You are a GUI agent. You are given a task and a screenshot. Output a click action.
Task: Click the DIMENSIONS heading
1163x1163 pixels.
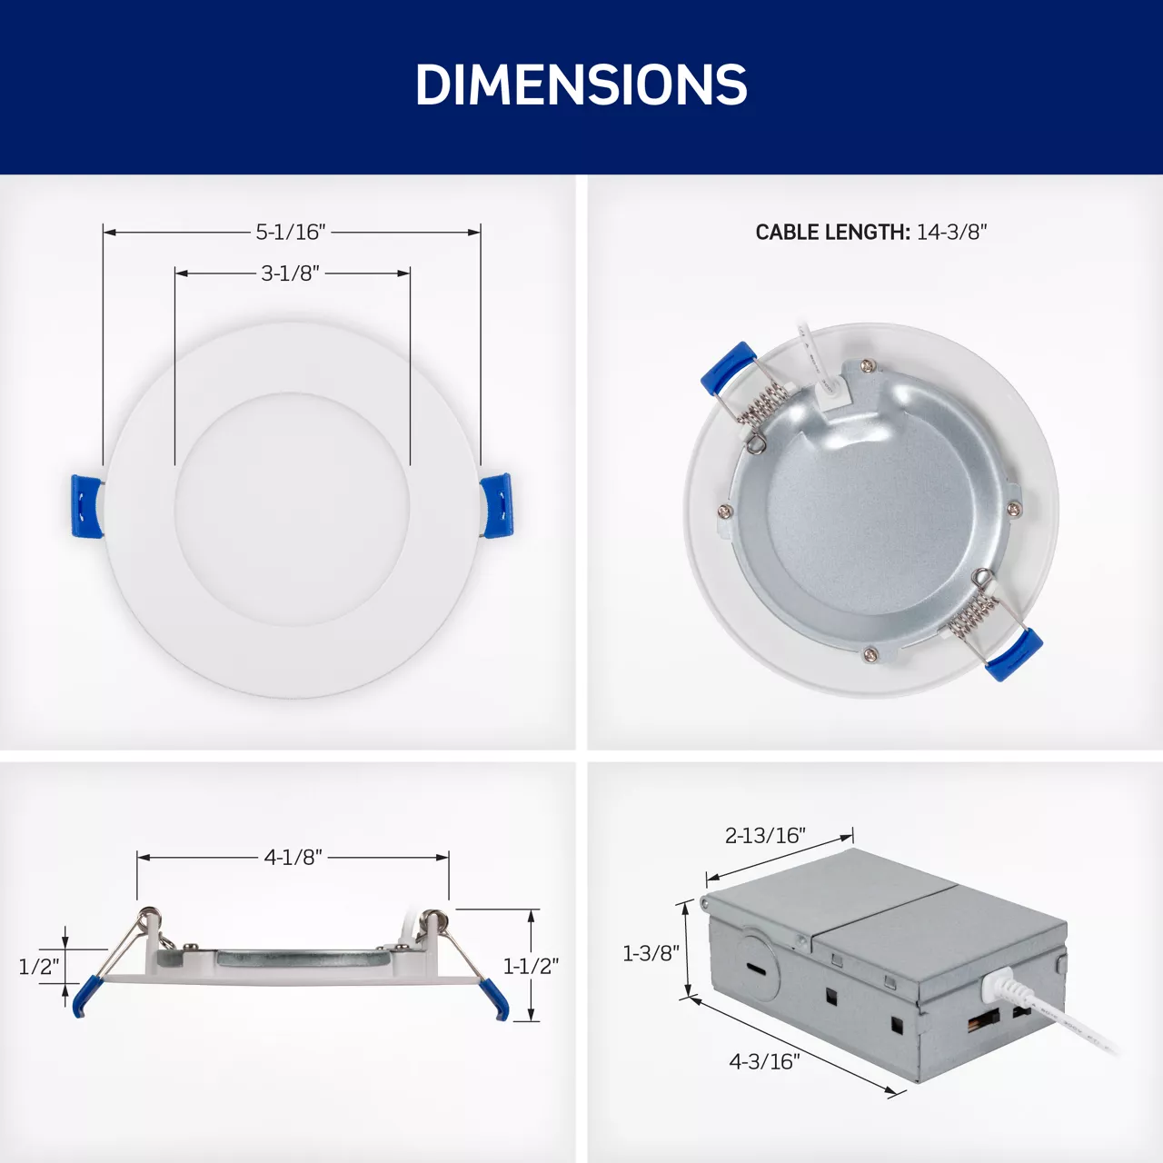pos(581,84)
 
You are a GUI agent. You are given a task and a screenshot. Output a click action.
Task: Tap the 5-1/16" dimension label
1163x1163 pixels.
pos(291,232)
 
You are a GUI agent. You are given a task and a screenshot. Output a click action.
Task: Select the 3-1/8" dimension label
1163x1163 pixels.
pos(290,273)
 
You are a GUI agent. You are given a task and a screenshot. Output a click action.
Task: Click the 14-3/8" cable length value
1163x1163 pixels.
pos(952,232)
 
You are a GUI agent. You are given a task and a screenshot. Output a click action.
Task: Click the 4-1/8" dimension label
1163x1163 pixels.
pos(293,857)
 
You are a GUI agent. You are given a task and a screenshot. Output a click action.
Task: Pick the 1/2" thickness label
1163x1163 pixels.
pos(39,968)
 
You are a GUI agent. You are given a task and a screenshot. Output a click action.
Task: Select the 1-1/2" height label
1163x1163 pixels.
pos(532,966)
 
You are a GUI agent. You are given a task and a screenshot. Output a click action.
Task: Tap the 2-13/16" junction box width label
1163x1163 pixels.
pos(765,835)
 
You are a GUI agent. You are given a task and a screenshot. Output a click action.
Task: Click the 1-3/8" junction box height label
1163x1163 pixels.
pos(651,954)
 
